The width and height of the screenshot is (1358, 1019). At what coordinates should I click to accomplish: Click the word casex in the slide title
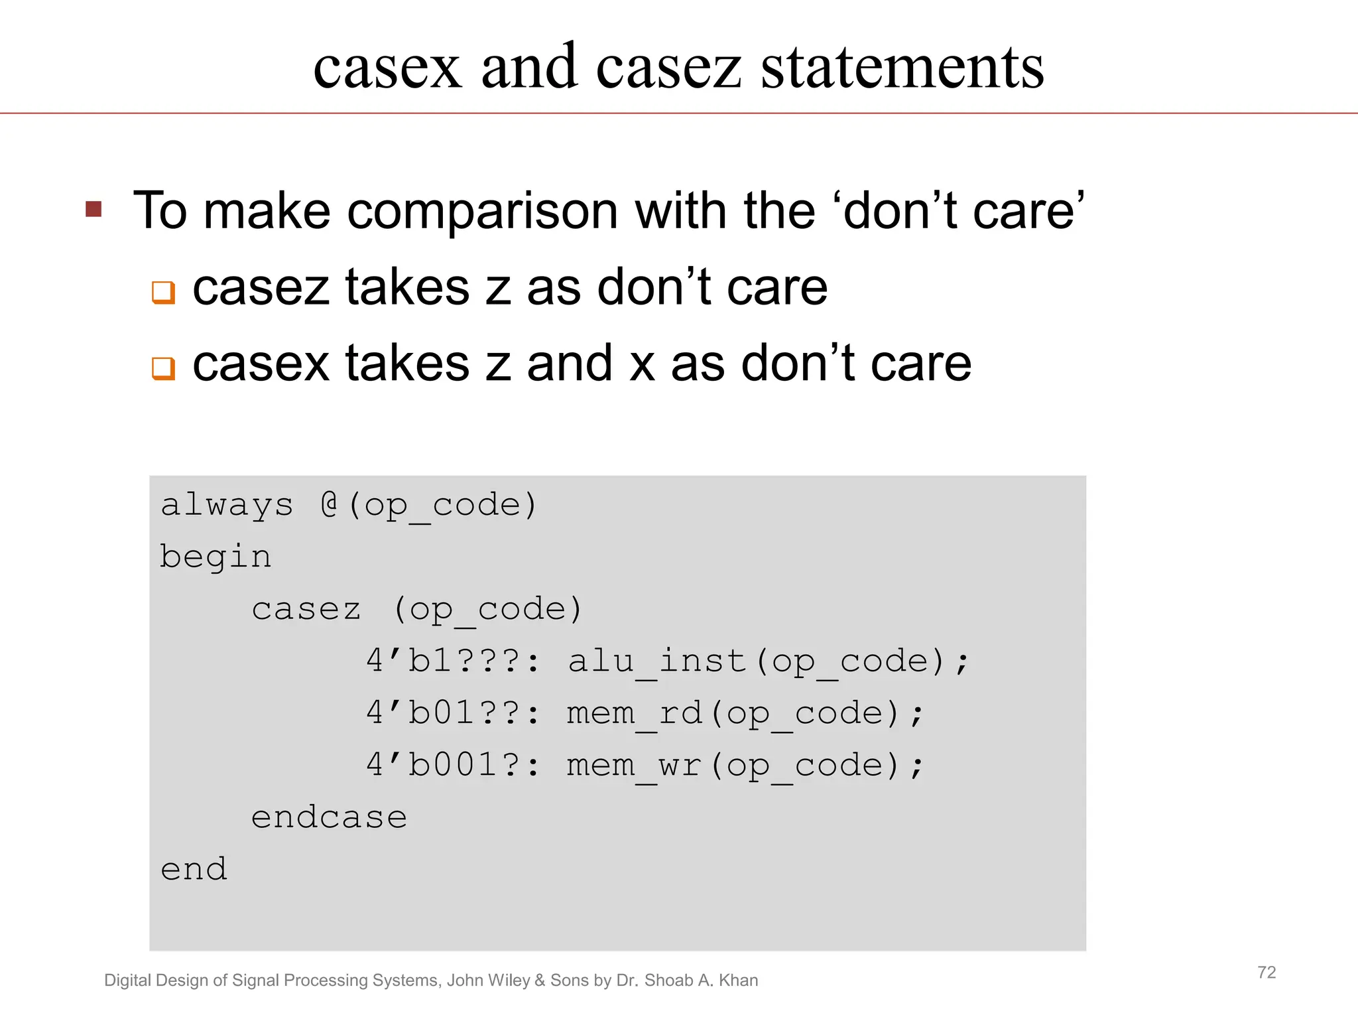[387, 68]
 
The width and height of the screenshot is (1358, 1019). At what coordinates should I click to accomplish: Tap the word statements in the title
[902, 68]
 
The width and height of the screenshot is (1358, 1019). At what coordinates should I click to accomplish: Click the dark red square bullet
[93, 210]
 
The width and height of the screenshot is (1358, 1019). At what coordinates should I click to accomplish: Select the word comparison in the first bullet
[482, 211]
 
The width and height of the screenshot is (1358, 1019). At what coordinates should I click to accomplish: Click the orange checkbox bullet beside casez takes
[163, 292]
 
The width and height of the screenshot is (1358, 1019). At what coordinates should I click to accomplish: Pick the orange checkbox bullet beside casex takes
[163, 368]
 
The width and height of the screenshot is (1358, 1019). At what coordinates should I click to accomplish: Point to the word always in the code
[227, 506]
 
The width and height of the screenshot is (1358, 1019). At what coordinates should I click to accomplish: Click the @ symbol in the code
[330, 505]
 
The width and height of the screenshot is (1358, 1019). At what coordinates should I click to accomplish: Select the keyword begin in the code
[216, 557]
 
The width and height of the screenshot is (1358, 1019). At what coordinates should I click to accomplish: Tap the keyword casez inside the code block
[306, 609]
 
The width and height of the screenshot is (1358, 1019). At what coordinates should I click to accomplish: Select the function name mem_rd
[635, 713]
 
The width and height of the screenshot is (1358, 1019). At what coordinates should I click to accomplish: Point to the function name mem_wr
[635, 765]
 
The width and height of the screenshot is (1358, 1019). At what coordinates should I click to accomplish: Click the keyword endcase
[329, 817]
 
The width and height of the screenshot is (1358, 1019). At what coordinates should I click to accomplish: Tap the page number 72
[1266, 973]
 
